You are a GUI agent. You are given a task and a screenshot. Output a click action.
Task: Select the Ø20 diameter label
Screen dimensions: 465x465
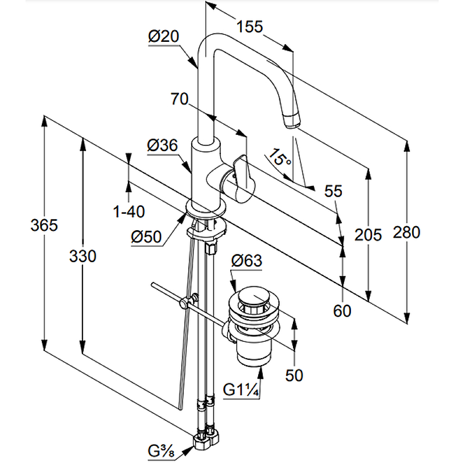click(x=163, y=36)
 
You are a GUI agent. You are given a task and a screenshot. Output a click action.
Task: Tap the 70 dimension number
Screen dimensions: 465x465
click(x=180, y=99)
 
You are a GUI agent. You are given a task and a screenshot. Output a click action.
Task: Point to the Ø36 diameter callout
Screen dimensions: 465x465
click(x=162, y=146)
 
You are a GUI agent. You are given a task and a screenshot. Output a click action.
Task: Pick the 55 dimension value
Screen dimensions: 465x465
click(x=333, y=191)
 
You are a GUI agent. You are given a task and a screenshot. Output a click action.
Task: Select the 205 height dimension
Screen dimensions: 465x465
click(x=369, y=235)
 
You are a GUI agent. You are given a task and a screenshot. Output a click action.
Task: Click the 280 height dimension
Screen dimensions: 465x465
click(x=407, y=233)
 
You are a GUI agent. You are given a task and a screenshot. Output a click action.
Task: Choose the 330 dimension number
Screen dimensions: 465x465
click(x=83, y=256)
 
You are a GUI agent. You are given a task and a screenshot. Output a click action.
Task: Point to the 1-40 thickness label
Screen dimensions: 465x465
click(x=129, y=212)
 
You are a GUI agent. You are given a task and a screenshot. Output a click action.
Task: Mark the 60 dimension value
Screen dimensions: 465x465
click(x=342, y=312)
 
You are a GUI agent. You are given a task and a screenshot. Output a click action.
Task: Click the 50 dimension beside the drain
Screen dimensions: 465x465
click(x=295, y=375)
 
